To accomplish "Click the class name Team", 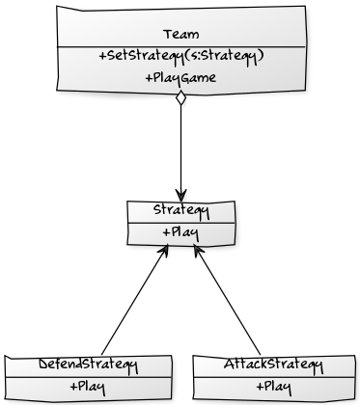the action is coord(180,35).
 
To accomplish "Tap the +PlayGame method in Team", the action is coord(180,77).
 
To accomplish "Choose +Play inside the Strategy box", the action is coord(180,232).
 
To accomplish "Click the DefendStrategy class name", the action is coord(88,365).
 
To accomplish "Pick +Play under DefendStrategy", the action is coord(88,387).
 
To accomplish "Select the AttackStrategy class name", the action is coord(272,365).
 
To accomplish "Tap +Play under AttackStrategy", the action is coord(272,387).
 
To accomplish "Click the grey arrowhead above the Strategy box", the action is coord(180,197).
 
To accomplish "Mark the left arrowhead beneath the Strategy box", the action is coord(167,248).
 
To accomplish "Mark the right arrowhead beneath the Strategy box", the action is coord(197,248).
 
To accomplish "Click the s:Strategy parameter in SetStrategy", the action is coord(227,56).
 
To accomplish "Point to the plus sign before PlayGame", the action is coord(147,77).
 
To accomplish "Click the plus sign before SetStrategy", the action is coord(102,56).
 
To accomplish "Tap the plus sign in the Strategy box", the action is coord(165,232).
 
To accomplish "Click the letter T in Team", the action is coord(168,35).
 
